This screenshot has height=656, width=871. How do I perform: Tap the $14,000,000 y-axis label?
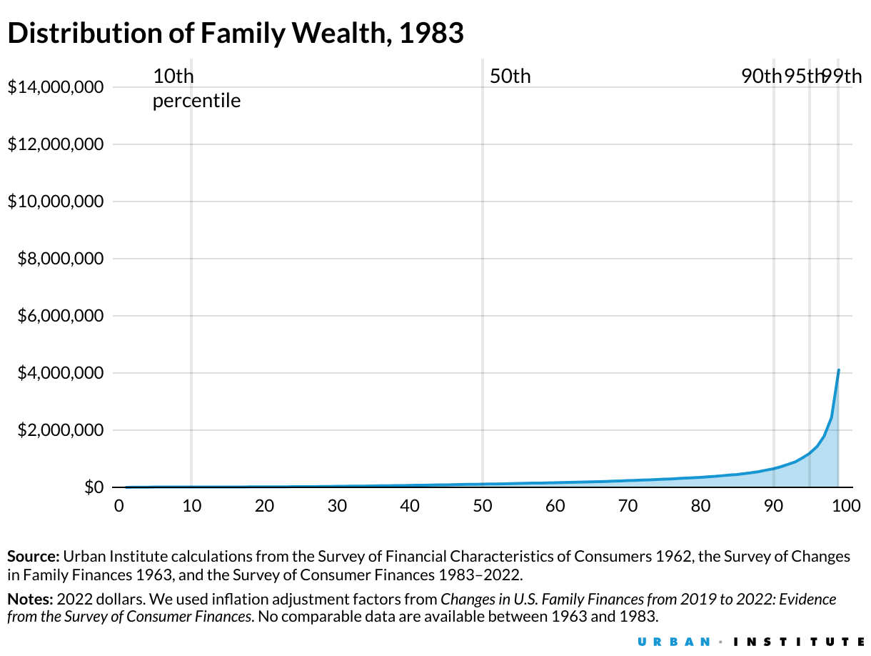pyautogui.click(x=55, y=88)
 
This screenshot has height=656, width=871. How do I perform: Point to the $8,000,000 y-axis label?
pyautogui.click(x=60, y=259)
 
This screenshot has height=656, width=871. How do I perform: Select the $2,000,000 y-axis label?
pyautogui.click(x=60, y=430)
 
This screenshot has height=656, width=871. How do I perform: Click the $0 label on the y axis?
pyautogui.click(x=94, y=487)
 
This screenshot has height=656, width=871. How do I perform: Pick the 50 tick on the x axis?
pyautogui.click(x=483, y=507)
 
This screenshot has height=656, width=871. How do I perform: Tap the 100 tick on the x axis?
pyautogui.click(x=845, y=507)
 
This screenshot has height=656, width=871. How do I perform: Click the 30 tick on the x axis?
pyautogui.click(x=337, y=507)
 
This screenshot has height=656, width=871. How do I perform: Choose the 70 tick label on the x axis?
pyautogui.click(x=628, y=507)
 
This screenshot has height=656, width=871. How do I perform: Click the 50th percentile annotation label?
pyautogui.click(x=510, y=76)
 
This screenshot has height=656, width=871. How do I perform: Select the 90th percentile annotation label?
pyautogui.click(x=761, y=76)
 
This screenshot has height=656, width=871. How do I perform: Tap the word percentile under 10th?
pyautogui.click(x=196, y=101)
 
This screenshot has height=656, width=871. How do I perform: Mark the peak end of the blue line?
pyautogui.click(x=839, y=370)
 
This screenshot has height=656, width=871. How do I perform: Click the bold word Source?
pyautogui.click(x=34, y=557)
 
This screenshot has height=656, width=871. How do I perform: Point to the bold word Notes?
pyautogui.click(x=31, y=599)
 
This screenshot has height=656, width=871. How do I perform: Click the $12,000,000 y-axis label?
pyautogui.click(x=55, y=145)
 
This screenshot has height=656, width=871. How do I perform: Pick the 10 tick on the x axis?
pyautogui.click(x=191, y=507)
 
